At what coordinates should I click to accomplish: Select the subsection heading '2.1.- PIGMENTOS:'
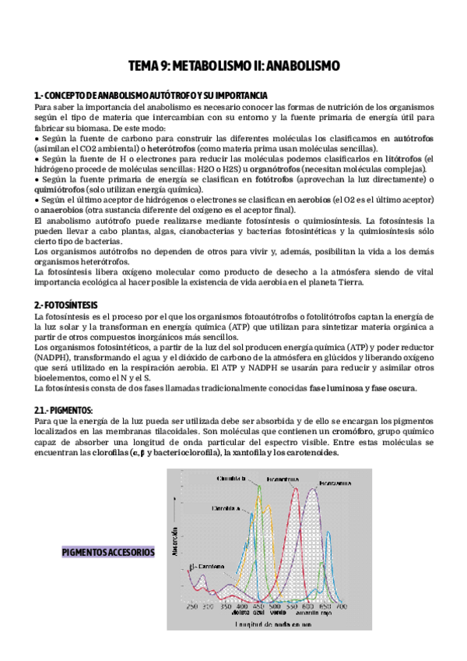64,409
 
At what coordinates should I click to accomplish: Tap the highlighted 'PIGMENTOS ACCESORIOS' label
108,553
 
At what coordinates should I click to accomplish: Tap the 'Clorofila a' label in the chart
224,507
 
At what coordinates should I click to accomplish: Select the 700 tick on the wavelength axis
341,606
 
